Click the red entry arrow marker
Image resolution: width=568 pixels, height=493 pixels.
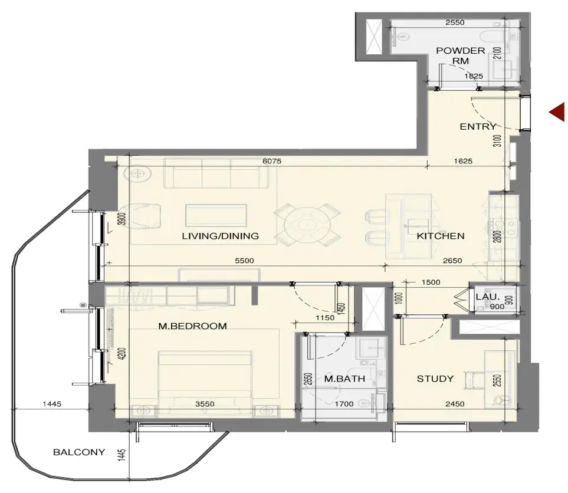pos(558,112)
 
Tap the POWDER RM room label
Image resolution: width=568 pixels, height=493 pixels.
pos(461,56)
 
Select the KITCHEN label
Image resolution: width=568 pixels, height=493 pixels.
pos(441,236)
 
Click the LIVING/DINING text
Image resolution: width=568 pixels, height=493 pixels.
pos(220,236)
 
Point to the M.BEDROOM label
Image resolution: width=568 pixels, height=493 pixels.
pos(192,326)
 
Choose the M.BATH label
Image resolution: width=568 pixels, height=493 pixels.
pos(344,379)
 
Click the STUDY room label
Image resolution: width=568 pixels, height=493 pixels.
pos(435,379)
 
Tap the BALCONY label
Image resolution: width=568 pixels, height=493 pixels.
pos(79,452)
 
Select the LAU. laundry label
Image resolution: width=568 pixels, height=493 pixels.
pos(488,297)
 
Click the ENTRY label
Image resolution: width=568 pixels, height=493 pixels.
pos(478,126)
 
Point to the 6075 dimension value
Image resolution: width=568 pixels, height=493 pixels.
pos(272,161)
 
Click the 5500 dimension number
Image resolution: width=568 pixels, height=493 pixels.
pos(244,261)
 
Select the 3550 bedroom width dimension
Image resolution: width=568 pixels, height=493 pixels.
pos(205,404)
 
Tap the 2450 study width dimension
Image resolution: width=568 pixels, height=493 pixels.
pos(455,404)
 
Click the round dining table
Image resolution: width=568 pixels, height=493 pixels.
pos(307,225)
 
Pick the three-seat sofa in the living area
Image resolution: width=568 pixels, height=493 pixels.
pos(216,173)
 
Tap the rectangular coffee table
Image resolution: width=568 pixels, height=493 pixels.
pos(216,215)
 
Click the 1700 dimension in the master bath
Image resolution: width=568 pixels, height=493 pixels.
pos(344,404)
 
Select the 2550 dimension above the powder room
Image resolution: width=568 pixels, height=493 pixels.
pos(455,22)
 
